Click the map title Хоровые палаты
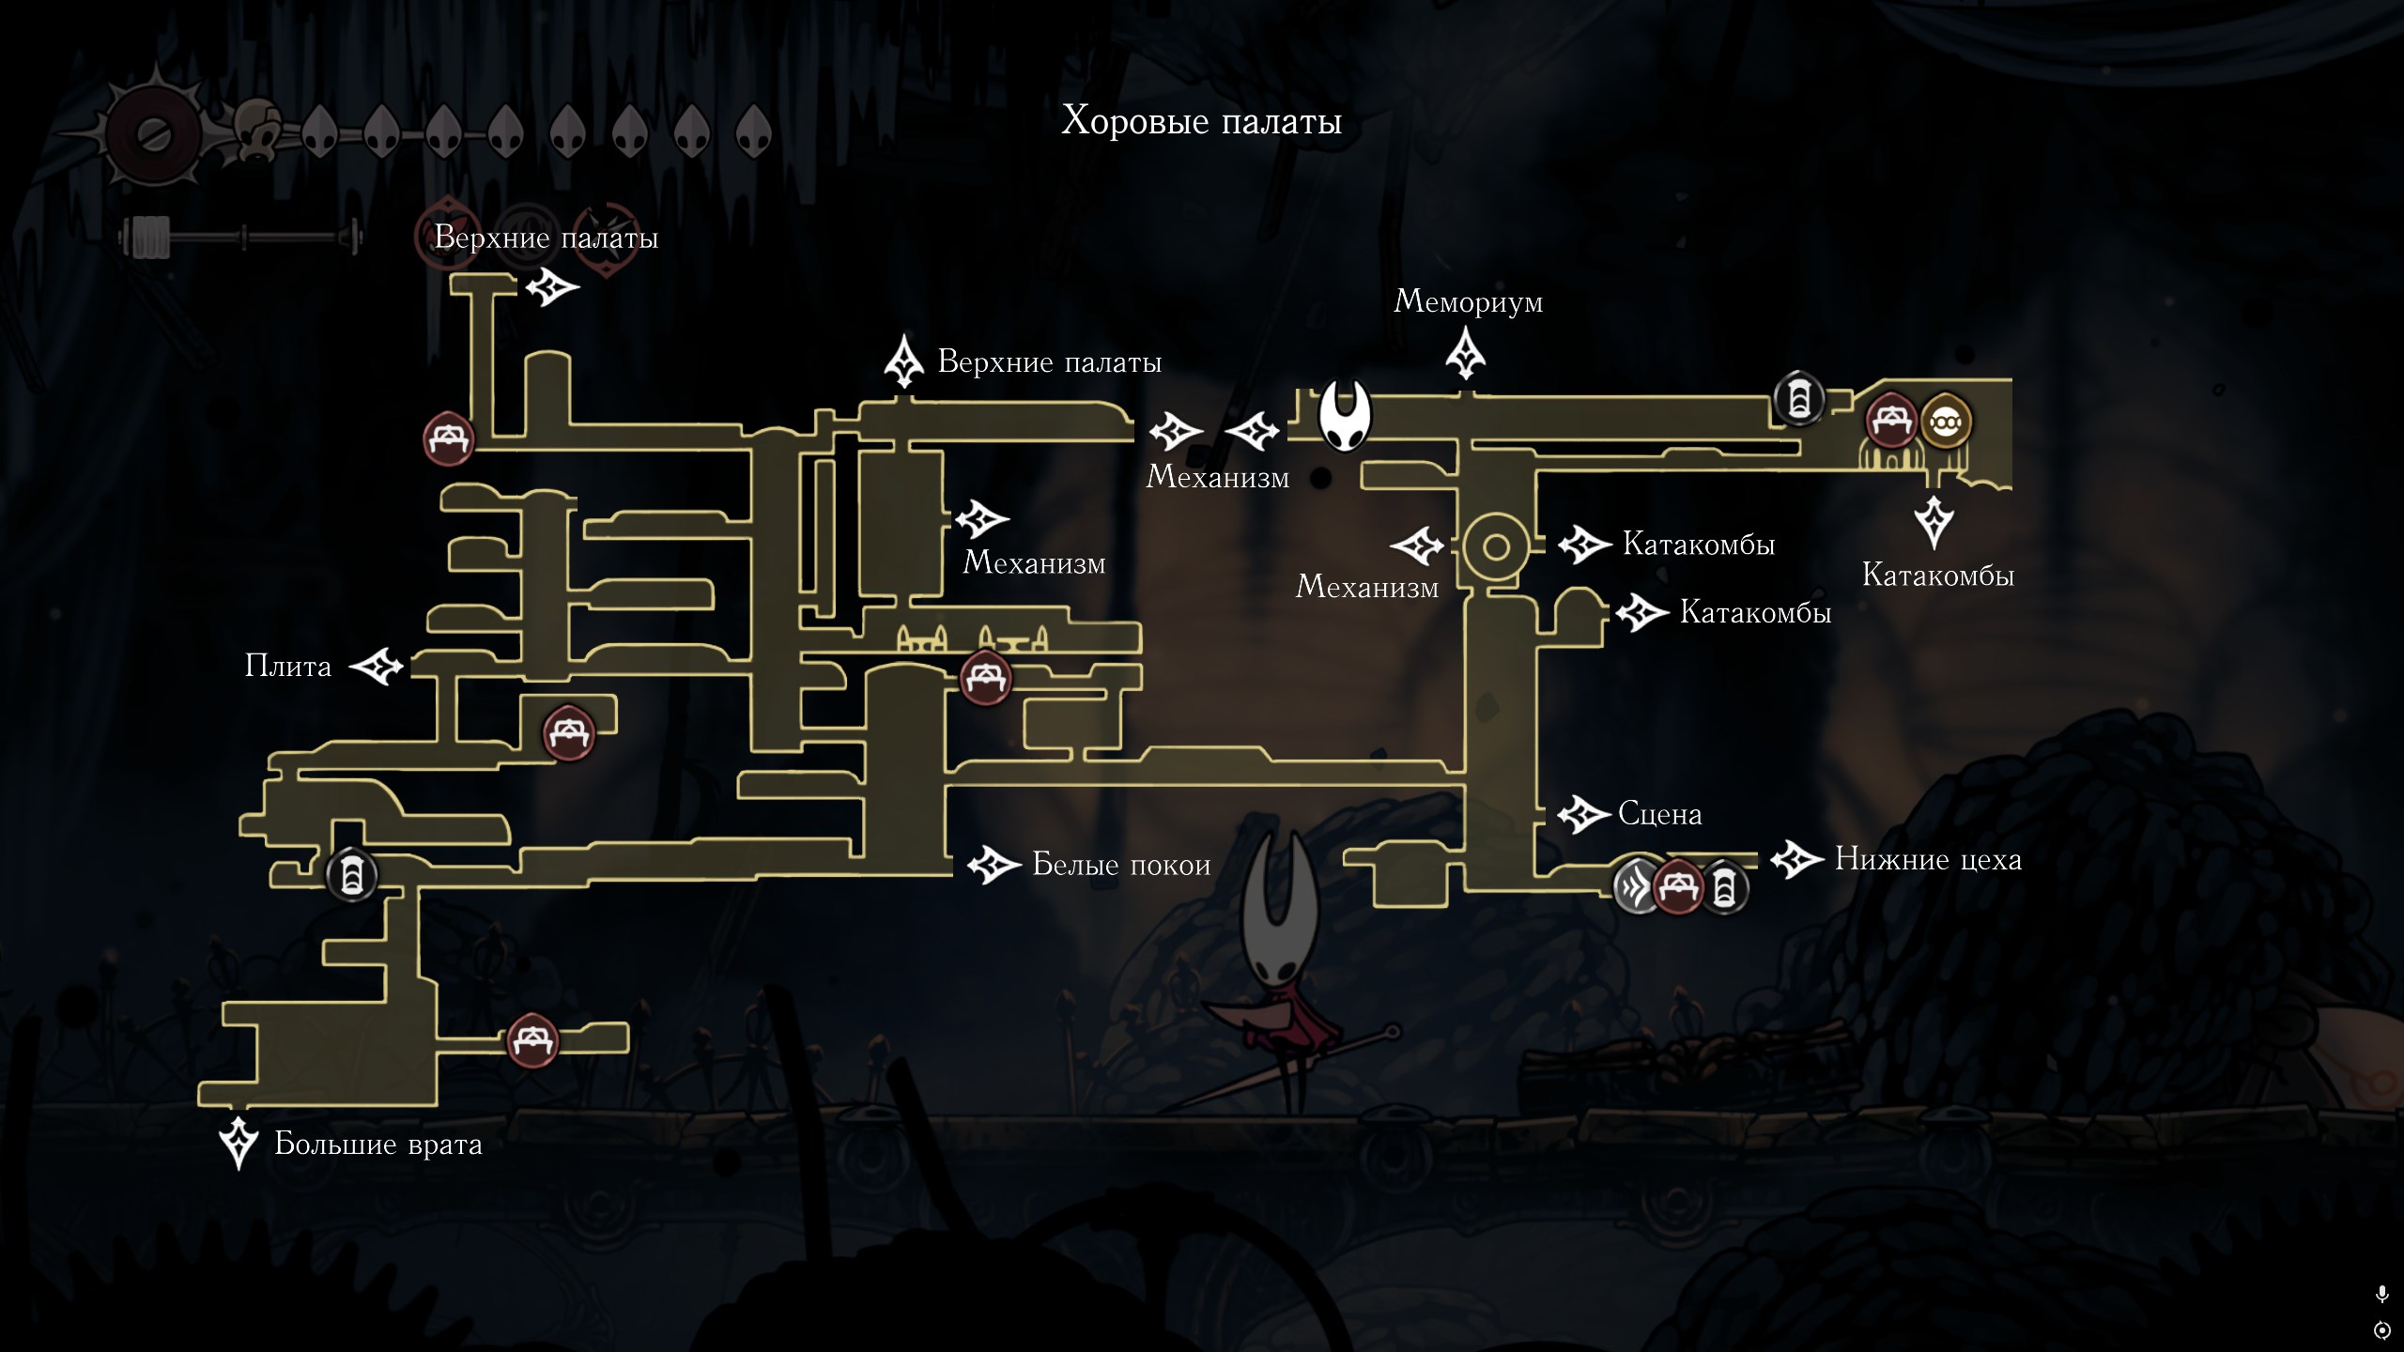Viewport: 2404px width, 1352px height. click(x=1201, y=121)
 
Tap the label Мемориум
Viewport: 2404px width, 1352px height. click(x=1468, y=301)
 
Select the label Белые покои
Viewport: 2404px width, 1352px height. click(x=1121, y=865)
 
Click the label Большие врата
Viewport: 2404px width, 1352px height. click(x=378, y=1145)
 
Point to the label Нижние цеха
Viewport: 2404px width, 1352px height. click(x=1928, y=860)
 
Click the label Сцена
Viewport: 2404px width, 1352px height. click(x=1659, y=814)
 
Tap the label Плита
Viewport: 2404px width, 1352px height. click(x=288, y=667)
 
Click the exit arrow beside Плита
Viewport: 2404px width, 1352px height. click(x=378, y=667)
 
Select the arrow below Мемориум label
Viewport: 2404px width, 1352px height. click(x=1465, y=354)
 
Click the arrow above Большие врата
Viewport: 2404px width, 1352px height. click(x=239, y=1142)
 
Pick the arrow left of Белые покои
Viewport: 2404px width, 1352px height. click(x=994, y=865)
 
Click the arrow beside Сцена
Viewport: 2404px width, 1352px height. click(x=1584, y=814)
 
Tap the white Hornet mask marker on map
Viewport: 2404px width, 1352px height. click(x=1346, y=415)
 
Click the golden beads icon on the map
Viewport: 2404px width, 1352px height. click(x=1946, y=422)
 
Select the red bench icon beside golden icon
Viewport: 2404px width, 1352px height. click(x=1890, y=421)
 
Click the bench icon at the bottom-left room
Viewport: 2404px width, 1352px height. click(x=533, y=1040)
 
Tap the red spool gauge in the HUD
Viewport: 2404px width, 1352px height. click(x=151, y=132)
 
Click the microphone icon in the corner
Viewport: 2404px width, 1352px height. click(x=2381, y=1295)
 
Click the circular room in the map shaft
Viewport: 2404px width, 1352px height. click(x=1497, y=548)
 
